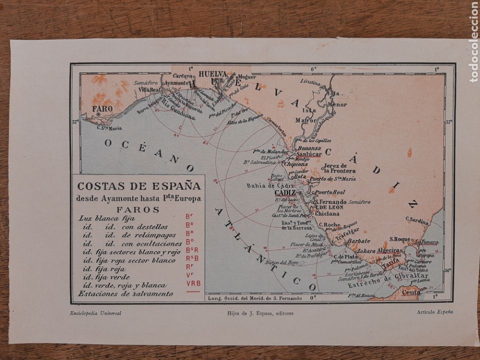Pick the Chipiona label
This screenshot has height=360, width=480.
tap(298, 162)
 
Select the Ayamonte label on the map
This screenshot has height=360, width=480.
tap(177, 82)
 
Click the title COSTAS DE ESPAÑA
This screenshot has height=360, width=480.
tap(138, 186)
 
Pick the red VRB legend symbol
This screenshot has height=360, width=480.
tap(193, 283)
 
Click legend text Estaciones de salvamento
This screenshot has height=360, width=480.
tap(126, 293)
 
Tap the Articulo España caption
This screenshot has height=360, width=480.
tap(434, 312)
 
